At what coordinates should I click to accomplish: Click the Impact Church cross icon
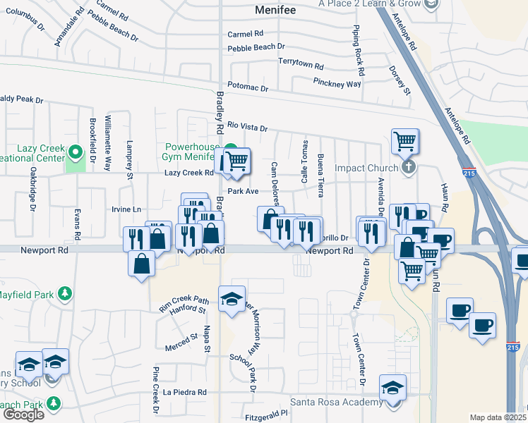408,168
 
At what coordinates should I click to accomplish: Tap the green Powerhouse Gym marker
231,149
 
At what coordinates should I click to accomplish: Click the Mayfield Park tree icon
64,293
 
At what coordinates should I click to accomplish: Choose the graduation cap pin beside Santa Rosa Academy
392,387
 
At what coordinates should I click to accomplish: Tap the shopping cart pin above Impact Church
405,141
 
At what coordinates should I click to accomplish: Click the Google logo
23,415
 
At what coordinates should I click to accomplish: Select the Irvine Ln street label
126,209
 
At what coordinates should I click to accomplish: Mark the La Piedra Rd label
185,392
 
